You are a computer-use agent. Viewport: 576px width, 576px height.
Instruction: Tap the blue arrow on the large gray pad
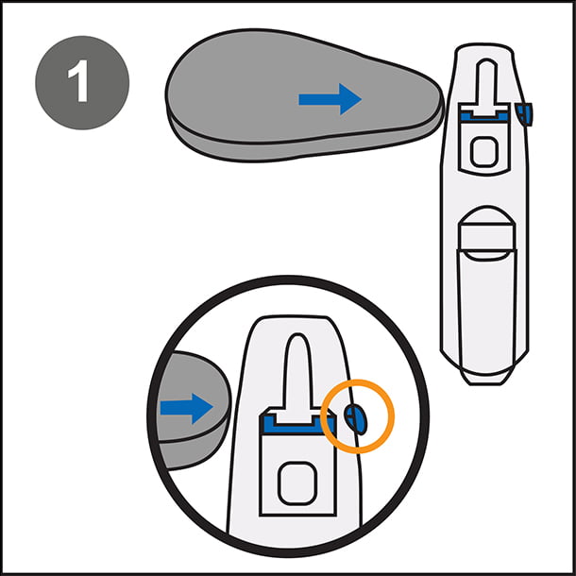tap(330, 98)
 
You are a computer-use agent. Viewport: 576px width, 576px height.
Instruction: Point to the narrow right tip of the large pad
tap(436, 106)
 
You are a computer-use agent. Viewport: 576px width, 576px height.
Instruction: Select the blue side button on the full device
tap(527, 114)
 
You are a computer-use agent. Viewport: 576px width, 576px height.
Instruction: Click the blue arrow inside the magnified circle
tap(187, 408)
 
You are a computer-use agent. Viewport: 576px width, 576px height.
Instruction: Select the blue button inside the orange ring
tap(357, 416)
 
